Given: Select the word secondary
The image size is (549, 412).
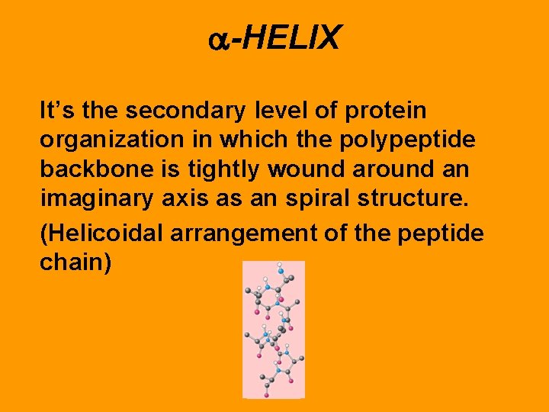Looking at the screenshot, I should tap(186, 111).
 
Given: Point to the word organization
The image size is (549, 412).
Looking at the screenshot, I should tap(107, 142).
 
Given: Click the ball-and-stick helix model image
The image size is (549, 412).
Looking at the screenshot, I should tap(273, 329).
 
